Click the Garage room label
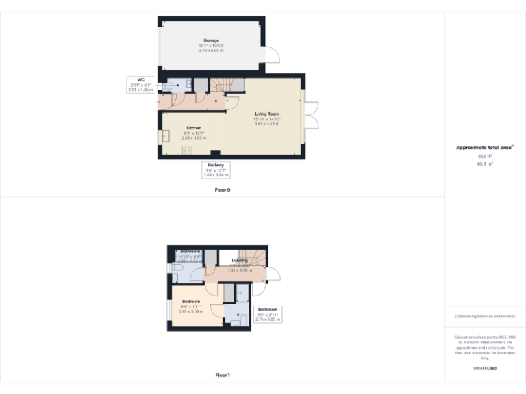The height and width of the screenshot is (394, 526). [x=210, y=41]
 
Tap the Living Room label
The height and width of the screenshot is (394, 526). [x=267, y=114]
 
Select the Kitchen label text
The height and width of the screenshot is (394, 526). [x=194, y=128]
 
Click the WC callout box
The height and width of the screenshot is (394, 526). [x=141, y=85]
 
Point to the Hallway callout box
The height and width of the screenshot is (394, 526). [x=216, y=170]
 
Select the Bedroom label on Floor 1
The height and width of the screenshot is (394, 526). [x=191, y=302]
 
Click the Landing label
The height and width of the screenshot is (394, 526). [x=240, y=261]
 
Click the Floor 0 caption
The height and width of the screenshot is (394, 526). [x=222, y=189]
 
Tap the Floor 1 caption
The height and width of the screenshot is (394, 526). [x=222, y=375]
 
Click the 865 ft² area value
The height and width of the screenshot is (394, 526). [x=485, y=157]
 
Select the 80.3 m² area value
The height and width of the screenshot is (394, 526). [x=485, y=163]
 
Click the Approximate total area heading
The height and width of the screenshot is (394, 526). [x=484, y=148]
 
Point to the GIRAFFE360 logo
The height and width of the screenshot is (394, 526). [x=485, y=369]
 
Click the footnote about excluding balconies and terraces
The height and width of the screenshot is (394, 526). [x=485, y=316]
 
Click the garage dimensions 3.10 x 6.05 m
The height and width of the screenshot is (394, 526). [x=210, y=51]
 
